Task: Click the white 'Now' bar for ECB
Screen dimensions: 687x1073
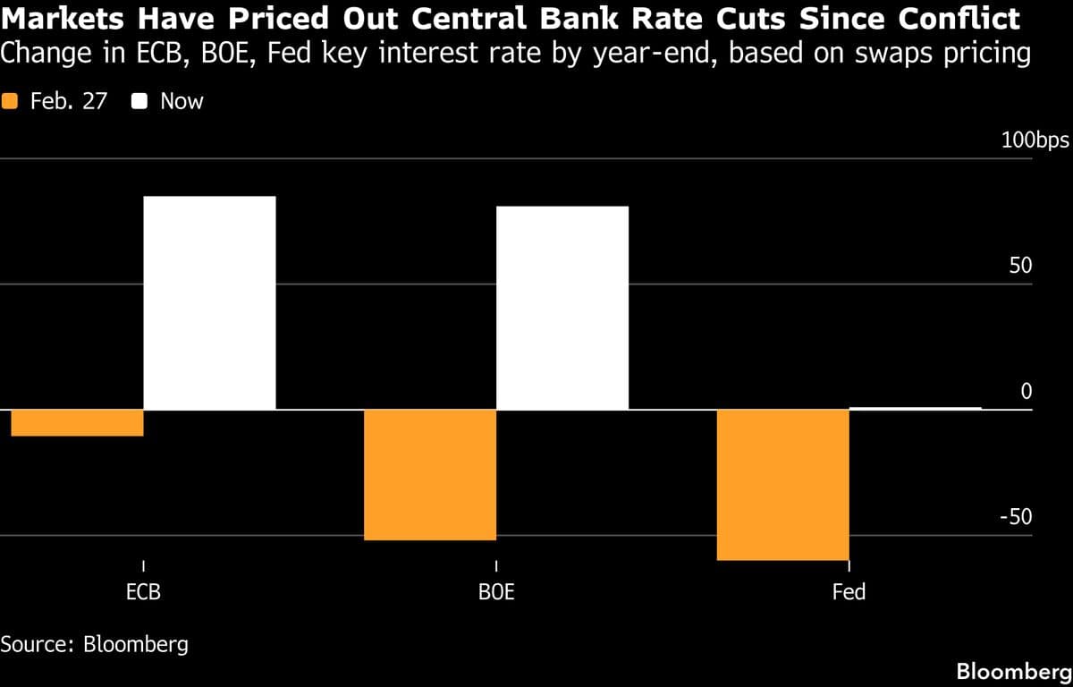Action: pos(209,302)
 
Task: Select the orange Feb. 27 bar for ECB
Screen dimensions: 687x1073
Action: pos(78,423)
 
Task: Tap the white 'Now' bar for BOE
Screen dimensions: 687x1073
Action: pos(562,308)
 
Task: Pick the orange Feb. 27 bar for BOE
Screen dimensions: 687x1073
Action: pos(430,475)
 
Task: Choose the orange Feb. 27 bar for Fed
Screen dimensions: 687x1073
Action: pos(782,485)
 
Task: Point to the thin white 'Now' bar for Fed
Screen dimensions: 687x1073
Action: pos(915,408)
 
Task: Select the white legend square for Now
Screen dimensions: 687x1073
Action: pos(139,102)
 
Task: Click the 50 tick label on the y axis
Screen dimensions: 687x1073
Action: pos(1019,267)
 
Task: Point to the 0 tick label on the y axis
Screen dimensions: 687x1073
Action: pos(1026,392)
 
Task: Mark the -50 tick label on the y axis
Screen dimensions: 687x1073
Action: pos(1015,518)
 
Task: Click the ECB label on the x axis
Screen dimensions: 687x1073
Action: pos(144,592)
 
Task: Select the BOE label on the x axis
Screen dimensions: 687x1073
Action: pos(496,592)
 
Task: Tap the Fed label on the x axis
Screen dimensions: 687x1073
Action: pos(849,592)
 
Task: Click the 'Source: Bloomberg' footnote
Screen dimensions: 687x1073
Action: pos(95,644)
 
